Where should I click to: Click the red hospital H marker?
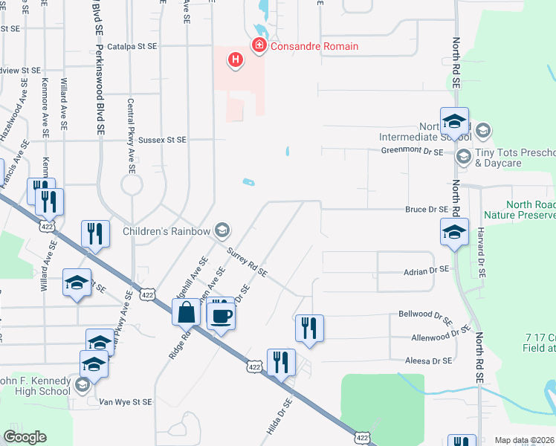point(236,59)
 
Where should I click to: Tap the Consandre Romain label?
point(314,46)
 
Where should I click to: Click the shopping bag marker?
point(185,311)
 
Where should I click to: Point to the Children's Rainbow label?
point(167,231)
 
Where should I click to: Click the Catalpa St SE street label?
point(132,46)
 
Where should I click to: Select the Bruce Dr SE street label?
point(427,210)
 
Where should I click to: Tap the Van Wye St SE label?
point(126,401)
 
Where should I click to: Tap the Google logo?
point(25,437)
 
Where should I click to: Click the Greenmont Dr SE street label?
point(412,151)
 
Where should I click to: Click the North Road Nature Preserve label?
point(520,210)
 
